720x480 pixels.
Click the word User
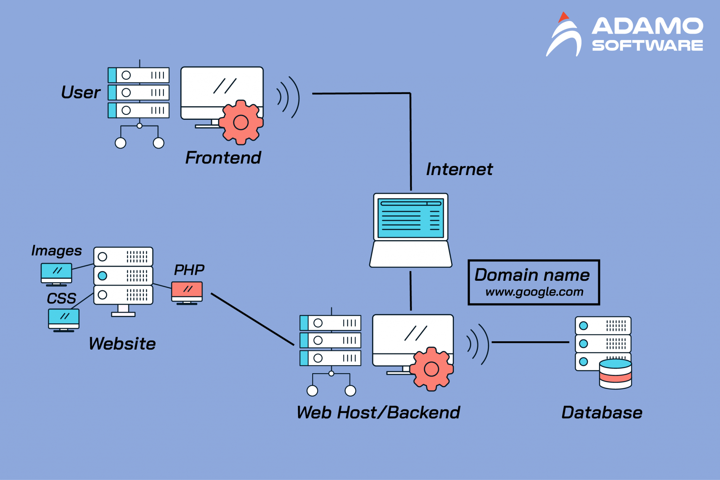coord(81,92)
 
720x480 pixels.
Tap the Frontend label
coord(223,158)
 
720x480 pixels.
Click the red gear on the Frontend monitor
coord(241,122)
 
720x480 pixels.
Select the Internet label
coord(459,169)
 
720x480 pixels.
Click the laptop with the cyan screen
coord(411,228)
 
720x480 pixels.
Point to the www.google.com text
coord(534,292)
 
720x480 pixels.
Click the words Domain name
coord(532,275)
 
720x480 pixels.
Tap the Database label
coord(602,413)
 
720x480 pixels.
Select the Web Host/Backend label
coord(378,413)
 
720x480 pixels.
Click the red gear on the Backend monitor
coord(431,369)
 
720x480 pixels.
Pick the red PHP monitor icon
coord(187,291)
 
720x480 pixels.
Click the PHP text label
coord(189,270)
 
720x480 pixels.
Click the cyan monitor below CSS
coord(64,319)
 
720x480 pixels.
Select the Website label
coord(122,344)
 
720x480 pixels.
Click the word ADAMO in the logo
coord(647,26)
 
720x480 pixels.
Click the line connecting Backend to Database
coord(530,342)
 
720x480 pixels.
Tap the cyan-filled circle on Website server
coord(102,276)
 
